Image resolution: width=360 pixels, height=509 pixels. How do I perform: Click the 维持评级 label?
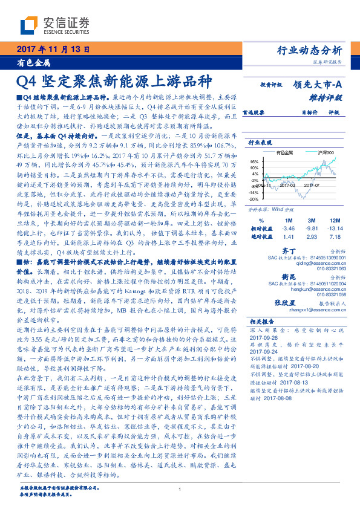click(x=329, y=97)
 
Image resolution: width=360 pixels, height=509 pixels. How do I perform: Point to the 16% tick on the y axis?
click(x=254, y=161)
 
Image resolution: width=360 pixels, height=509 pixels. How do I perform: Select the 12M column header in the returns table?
click(x=336, y=220)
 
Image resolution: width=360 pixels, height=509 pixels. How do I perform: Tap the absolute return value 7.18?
click(x=336, y=238)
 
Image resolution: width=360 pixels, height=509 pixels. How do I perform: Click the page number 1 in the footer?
click(x=180, y=490)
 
